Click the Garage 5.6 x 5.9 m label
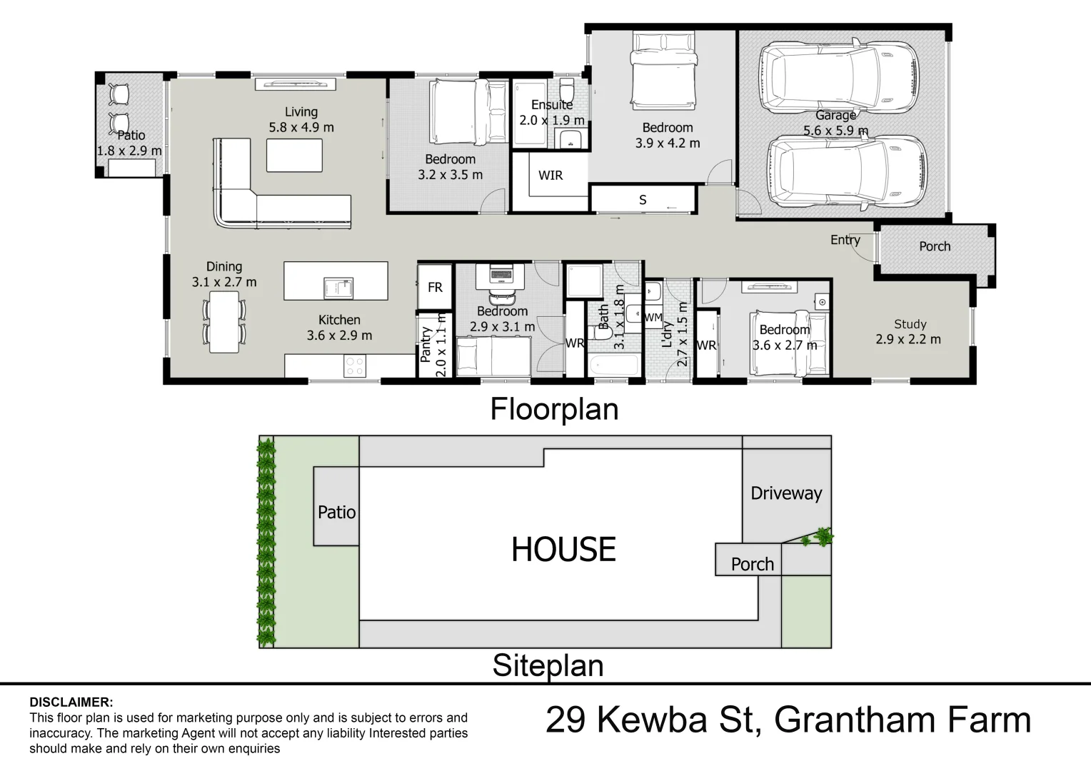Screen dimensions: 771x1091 click(x=835, y=123)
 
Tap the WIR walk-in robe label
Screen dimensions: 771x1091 click(x=550, y=175)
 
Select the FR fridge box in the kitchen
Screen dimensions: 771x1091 click(x=435, y=287)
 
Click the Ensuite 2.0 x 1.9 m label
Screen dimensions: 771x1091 click(x=551, y=113)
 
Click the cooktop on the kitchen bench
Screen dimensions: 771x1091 click(x=355, y=366)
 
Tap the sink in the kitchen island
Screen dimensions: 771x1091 click(x=338, y=288)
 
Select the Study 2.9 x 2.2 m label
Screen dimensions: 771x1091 click(x=908, y=332)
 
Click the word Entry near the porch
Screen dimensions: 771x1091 click(x=845, y=240)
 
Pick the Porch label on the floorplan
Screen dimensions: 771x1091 click(x=934, y=246)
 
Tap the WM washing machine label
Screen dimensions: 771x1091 click(x=653, y=317)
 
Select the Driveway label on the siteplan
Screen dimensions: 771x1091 click(x=786, y=493)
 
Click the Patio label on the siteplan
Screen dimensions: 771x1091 click(x=336, y=512)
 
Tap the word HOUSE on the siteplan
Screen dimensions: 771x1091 click(x=563, y=550)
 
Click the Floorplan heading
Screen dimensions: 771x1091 click(x=554, y=409)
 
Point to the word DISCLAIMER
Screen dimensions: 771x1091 click(x=71, y=702)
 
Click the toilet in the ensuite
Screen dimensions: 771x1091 click(x=567, y=91)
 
